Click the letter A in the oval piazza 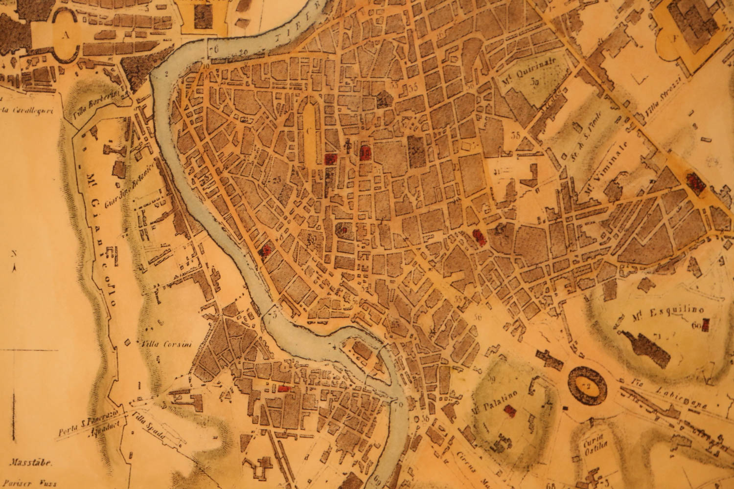pos(65,35)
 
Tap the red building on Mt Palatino pos(510,411)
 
